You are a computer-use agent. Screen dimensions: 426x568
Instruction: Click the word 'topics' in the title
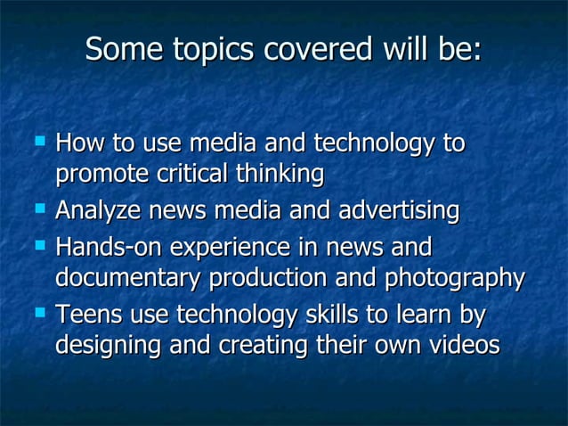pos(199,50)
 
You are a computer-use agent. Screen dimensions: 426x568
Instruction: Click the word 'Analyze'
pos(94,211)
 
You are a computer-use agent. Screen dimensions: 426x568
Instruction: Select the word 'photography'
pos(454,280)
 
